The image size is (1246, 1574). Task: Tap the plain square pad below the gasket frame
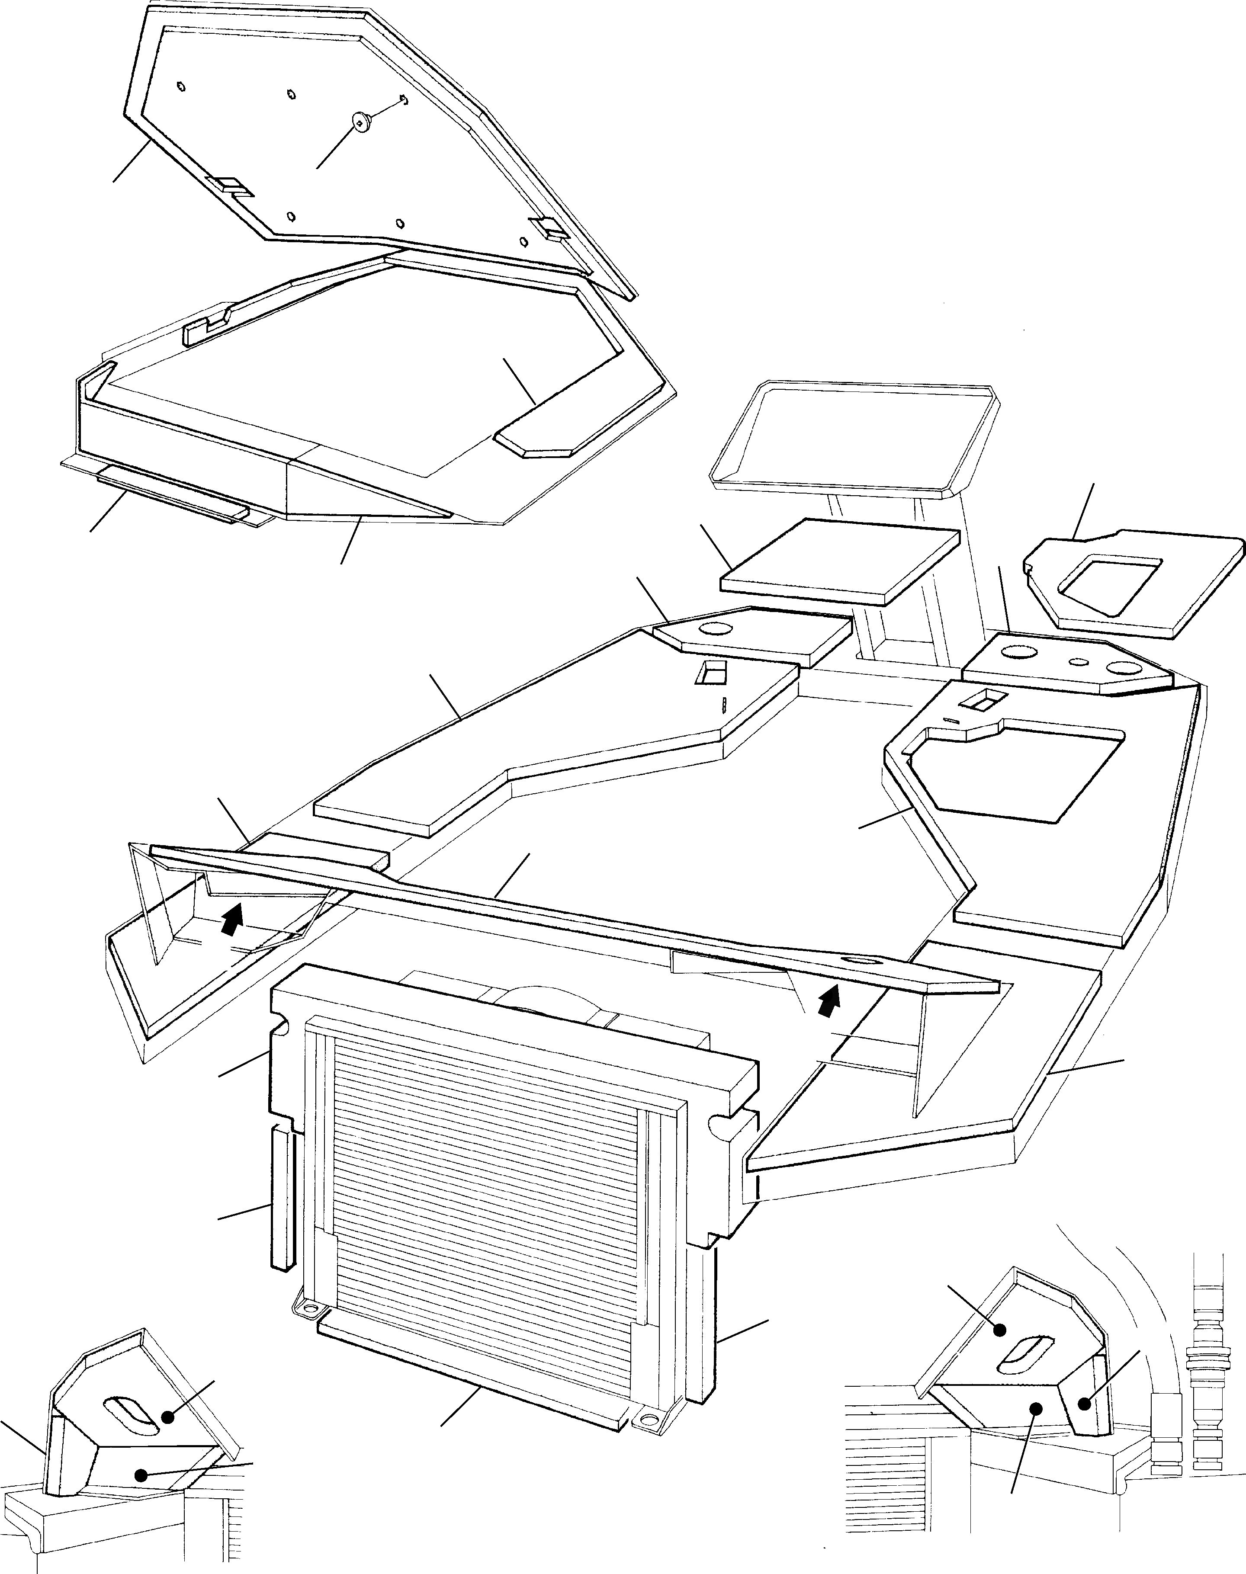point(839,560)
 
